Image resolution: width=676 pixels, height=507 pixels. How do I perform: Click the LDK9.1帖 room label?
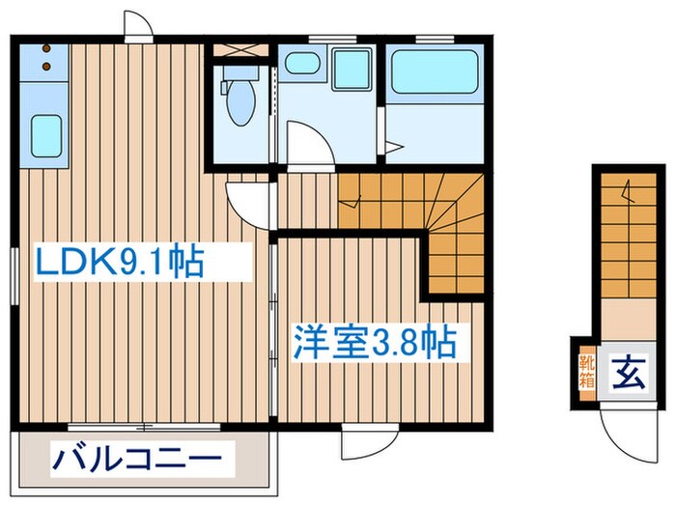[x=120, y=261]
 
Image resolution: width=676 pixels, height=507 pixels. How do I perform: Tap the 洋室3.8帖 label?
[x=375, y=343]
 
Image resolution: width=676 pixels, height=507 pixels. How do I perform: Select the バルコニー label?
[x=137, y=459]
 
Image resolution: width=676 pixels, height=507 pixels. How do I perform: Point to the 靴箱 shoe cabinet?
[x=587, y=372]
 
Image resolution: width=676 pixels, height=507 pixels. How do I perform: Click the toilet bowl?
[x=241, y=101]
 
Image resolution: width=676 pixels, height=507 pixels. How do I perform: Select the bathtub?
[x=435, y=72]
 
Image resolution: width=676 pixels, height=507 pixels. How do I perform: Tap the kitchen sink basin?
[x=46, y=136]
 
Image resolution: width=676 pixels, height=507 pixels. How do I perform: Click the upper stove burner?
[x=46, y=48]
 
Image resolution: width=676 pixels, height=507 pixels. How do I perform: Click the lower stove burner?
[x=46, y=67]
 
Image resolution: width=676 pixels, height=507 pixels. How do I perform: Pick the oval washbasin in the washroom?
[x=302, y=64]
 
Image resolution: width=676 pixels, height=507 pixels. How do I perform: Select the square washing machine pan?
[x=352, y=69]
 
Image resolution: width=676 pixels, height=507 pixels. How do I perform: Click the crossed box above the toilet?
[x=241, y=49]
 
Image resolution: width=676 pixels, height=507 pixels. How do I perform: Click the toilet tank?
[x=240, y=72]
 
